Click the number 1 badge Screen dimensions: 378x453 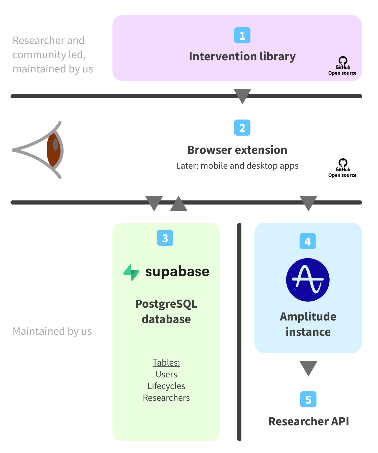pyautogui.click(x=242, y=35)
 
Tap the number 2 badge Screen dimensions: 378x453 pyautogui.click(x=242, y=128)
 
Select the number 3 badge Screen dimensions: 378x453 pyautogui.click(x=165, y=238)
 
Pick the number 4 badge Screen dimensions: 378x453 pyautogui.click(x=307, y=241)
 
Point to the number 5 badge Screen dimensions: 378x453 pyautogui.click(x=308, y=399)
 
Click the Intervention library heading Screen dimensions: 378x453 pyautogui.click(x=242, y=56)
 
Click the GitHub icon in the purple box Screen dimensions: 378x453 pyautogui.click(x=343, y=60)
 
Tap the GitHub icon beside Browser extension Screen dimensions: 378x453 pyautogui.click(x=343, y=162)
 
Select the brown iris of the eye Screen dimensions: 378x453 pyautogui.click(x=53, y=150)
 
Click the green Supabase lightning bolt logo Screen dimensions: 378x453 pyautogui.click(x=131, y=272)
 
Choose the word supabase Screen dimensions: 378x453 pyautogui.click(x=177, y=272)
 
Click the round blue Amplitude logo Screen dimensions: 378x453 pyautogui.click(x=308, y=280)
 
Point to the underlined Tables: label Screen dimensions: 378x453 pyautogui.click(x=166, y=362)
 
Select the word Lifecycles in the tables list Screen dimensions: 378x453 pyautogui.click(x=166, y=386)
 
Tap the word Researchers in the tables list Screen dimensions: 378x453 pyautogui.click(x=166, y=398)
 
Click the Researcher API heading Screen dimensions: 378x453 pyautogui.click(x=308, y=421)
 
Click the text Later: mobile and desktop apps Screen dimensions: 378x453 pyautogui.click(x=237, y=166)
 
